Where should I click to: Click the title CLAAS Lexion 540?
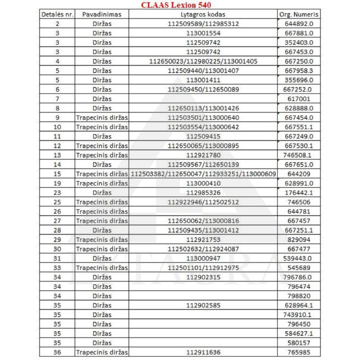[182, 5]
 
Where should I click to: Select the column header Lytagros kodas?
[203, 14]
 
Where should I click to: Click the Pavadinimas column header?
[102, 14]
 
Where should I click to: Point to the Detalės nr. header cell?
[57, 14]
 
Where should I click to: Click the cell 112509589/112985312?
[203, 24]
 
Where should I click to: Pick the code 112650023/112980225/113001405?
[203, 61]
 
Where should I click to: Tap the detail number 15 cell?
[57, 174]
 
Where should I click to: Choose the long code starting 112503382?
[203, 174]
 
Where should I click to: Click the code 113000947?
[203, 258]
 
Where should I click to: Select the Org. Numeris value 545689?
[299, 268]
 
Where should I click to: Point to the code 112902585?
[203, 305]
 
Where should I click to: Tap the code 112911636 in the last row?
[203, 352]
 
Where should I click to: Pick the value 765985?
[299, 352]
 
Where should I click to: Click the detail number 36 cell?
[57, 352]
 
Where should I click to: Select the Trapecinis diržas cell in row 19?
[102, 183]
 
